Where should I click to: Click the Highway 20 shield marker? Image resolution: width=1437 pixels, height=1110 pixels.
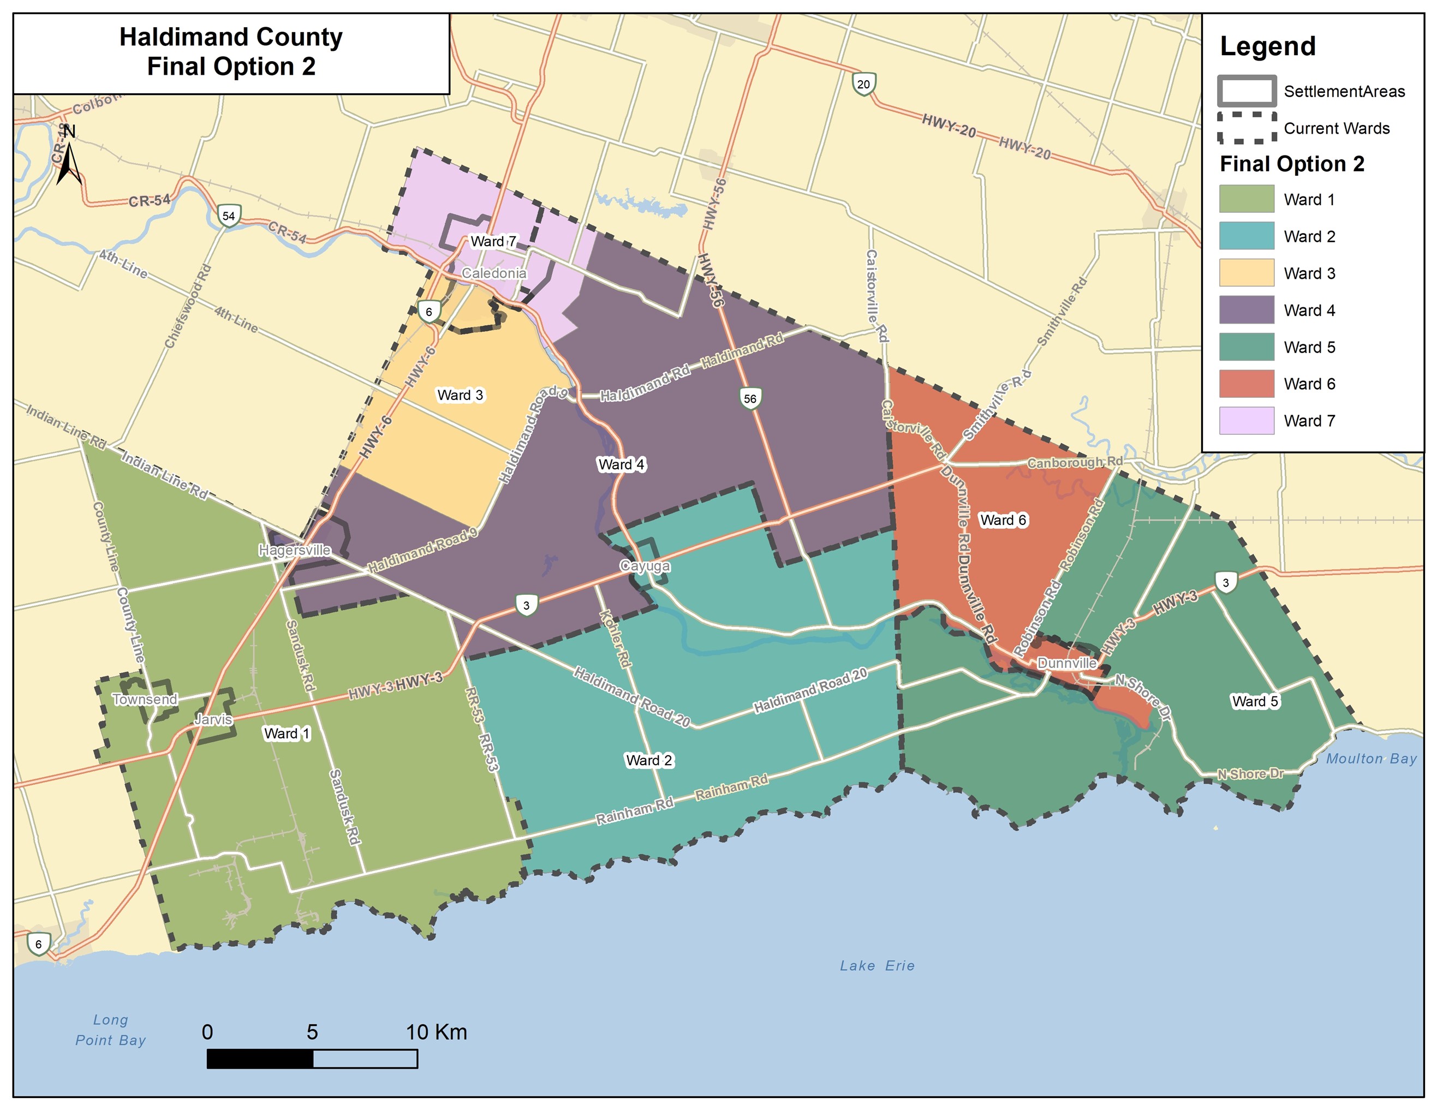863,84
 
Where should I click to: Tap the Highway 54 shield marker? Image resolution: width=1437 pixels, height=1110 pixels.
228,216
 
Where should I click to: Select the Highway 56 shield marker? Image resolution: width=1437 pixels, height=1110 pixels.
750,399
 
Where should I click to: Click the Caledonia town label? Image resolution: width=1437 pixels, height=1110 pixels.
494,273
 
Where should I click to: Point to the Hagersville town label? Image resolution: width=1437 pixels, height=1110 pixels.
295,550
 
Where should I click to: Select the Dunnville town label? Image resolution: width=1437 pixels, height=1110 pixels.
1067,663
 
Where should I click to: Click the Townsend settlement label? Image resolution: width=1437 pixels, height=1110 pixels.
145,700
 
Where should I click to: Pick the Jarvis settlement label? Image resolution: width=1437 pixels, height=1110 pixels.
213,720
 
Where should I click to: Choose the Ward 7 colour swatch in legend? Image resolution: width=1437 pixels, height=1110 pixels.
1246,420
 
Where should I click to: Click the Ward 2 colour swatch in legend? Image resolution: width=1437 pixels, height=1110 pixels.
1246,236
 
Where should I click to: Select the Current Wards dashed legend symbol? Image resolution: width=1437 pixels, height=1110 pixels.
1246,128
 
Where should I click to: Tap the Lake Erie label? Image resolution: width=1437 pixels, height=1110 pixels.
876,966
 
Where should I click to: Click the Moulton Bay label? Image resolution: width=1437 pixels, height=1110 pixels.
1371,759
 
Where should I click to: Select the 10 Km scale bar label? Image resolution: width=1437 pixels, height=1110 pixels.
436,1033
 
